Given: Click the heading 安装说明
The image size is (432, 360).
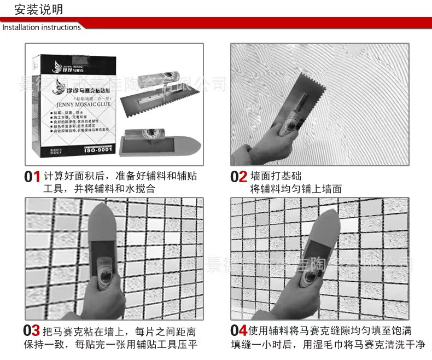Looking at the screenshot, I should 39,9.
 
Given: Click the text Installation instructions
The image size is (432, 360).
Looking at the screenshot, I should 42,27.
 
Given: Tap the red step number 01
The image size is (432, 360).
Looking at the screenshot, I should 32,177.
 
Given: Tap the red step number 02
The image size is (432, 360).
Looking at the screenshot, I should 239,177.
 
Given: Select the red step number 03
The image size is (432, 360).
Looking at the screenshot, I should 32,331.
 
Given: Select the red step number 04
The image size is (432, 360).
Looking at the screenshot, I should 239,331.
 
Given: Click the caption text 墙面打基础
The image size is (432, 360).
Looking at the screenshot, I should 276,177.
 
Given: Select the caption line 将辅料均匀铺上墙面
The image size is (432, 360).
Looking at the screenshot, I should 296,189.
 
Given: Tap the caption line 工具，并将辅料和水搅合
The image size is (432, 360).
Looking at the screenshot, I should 99,189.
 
